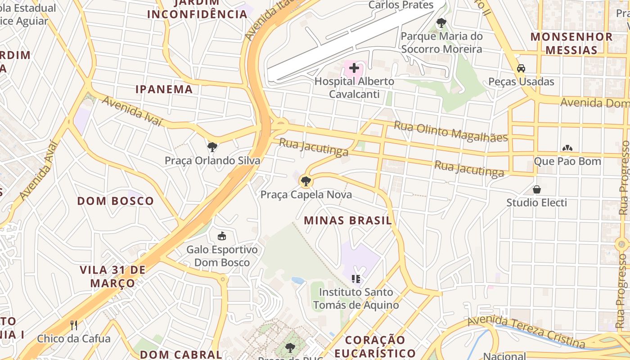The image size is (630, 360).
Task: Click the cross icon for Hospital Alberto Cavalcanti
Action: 354,68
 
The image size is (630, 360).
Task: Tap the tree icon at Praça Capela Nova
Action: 306,181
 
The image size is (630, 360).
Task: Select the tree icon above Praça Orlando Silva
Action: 212,147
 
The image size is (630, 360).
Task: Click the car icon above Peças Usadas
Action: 521,68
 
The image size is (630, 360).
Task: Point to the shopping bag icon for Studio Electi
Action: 536,189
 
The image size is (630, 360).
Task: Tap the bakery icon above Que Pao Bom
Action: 567,148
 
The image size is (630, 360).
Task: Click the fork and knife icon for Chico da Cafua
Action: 74,325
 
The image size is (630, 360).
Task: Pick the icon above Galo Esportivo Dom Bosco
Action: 222,236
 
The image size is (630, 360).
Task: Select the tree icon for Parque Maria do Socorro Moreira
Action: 441,22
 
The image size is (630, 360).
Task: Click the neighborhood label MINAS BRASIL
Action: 348,220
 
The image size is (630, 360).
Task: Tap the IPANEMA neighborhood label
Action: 164,89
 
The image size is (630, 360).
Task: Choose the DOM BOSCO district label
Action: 115,201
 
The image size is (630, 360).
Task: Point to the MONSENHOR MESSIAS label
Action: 571,43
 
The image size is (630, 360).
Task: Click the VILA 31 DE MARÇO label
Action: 112,276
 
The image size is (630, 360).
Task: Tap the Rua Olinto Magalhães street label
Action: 451,131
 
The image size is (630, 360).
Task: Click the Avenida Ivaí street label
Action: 131,111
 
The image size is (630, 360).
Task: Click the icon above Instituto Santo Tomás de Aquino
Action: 356,279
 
